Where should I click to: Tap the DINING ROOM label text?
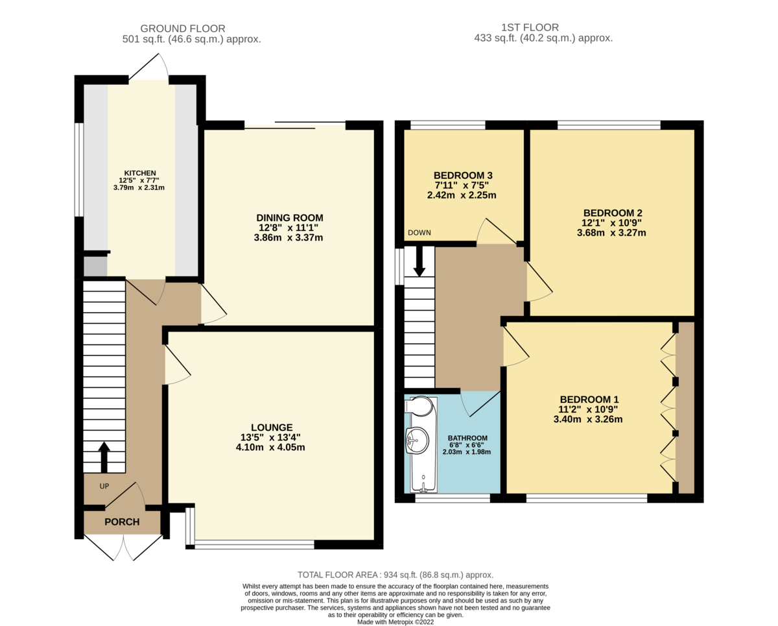click(x=290, y=218)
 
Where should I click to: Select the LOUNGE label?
click(x=272, y=427)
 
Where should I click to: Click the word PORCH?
click(x=122, y=522)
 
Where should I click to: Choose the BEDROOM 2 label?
click(x=613, y=213)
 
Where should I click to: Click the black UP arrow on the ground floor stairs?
click(x=104, y=457)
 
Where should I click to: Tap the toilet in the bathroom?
click(x=418, y=406)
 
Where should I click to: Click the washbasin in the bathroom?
click(x=416, y=442)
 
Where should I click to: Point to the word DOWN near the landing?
click(x=419, y=233)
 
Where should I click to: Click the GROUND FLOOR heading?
click(x=183, y=28)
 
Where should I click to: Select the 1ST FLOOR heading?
click(x=530, y=27)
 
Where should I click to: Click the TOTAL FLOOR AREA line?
click(x=395, y=575)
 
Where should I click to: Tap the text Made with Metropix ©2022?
click(x=395, y=621)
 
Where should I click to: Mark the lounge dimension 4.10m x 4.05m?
click(x=272, y=447)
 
